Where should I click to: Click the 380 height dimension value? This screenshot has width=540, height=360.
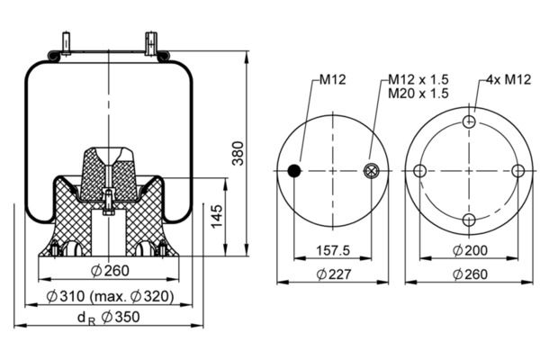tap(238, 153)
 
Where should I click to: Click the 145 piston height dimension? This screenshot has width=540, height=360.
tap(217, 216)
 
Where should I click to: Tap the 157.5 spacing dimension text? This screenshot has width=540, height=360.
tap(333, 250)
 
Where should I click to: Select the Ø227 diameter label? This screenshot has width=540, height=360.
tap(334, 274)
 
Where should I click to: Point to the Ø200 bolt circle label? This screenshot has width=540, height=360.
tap(470, 250)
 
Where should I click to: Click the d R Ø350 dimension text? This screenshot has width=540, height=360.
tap(109, 318)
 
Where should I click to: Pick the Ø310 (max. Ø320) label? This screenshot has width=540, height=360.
tap(110, 296)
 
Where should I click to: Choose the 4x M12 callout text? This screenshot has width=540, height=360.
tap(509, 79)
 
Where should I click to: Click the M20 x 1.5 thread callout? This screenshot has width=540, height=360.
tap(418, 93)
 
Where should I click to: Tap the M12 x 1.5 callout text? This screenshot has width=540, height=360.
tap(418, 79)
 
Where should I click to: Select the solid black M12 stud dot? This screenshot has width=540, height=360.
tap(294, 170)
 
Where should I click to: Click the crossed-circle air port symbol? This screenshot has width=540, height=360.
tap(372, 171)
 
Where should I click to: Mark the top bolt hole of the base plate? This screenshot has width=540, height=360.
tap(469, 121)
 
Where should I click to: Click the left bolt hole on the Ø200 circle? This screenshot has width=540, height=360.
tap(419, 171)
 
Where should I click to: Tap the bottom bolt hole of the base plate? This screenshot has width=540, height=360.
tap(469, 220)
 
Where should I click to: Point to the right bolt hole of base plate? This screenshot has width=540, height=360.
tap(518, 171)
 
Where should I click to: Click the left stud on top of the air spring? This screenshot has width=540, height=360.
tap(66, 43)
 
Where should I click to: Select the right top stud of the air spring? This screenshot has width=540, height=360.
tap(151, 43)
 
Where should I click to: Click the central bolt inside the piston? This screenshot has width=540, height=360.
tap(109, 202)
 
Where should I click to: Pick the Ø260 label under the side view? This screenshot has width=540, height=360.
tap(110, 271)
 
